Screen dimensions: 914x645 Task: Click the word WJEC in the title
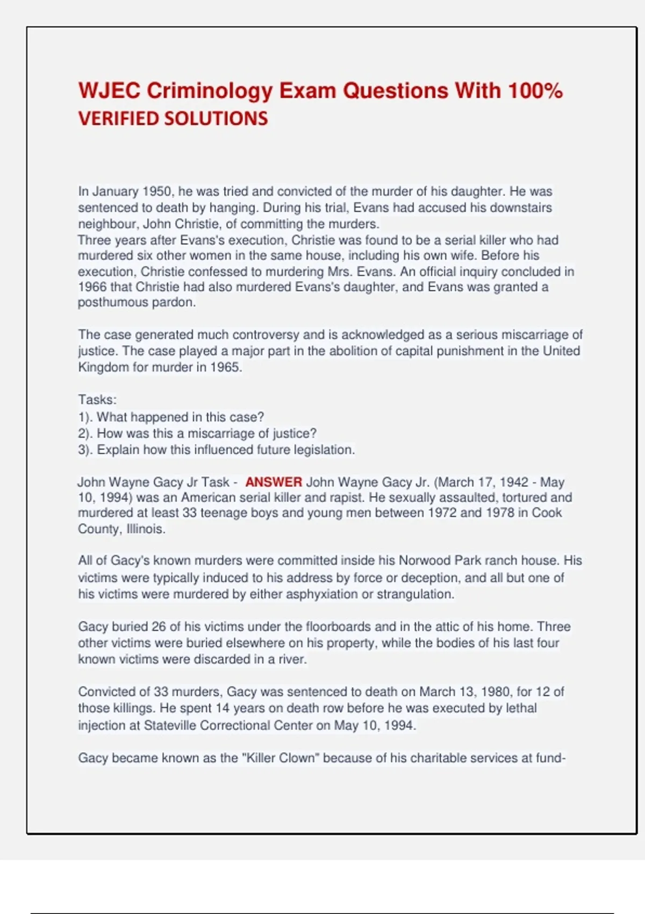(x=109, y=91)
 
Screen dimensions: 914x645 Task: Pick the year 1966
(x=92, y=287)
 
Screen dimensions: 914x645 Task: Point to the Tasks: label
(x=97, y=400)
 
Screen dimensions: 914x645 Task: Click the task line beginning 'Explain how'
(x=216, y=450)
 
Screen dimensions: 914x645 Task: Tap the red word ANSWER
(x=274, y=482)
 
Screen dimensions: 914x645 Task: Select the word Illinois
(x=146, y=529)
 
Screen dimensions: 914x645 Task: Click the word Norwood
(x=424, y=561)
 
